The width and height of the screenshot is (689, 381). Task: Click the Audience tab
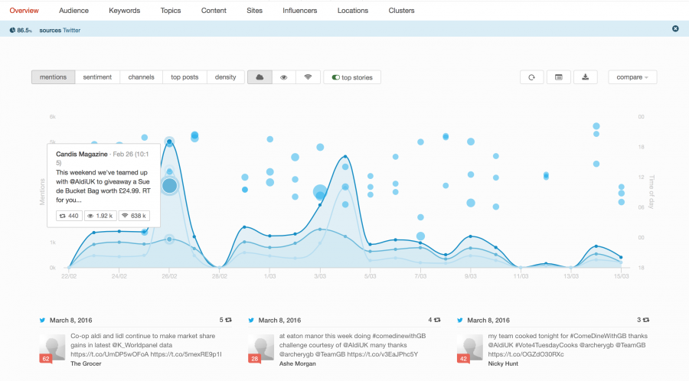tap(73, 11)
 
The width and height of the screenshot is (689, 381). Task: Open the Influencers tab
tap(300, 11)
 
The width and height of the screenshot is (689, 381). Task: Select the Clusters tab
tap(401, 11)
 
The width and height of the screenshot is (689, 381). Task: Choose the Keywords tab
tap(124, 11)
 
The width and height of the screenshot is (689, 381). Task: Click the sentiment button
tap(97, 77)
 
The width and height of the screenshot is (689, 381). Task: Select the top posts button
tap(184, 77)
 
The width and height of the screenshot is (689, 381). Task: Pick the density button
tap(226, 77)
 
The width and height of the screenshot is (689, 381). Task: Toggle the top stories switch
tap(352, 77)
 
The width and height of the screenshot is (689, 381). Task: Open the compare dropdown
tap(632, 77)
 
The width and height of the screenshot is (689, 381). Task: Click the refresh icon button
tap(531, 77)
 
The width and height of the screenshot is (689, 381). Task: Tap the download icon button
tap(585, 77)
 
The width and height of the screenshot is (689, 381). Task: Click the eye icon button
tap(283, 77)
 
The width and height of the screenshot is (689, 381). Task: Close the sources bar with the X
tap(675, 29)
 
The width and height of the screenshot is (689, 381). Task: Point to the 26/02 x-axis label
tap(168, 275)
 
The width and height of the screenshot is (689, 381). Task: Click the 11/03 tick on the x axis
tap(521, 275)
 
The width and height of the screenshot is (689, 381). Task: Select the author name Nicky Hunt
tap(503, 363)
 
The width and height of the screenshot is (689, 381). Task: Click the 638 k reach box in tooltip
tap(136, 217)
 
